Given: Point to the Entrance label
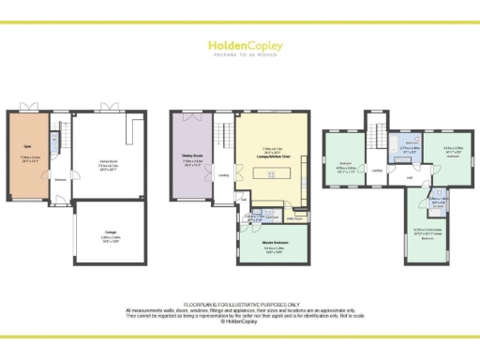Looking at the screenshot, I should click(x=59, y=178).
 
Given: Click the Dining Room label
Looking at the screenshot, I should click(x=193, y=157).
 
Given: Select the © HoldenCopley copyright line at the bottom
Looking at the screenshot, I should click(x=239, y=321).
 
